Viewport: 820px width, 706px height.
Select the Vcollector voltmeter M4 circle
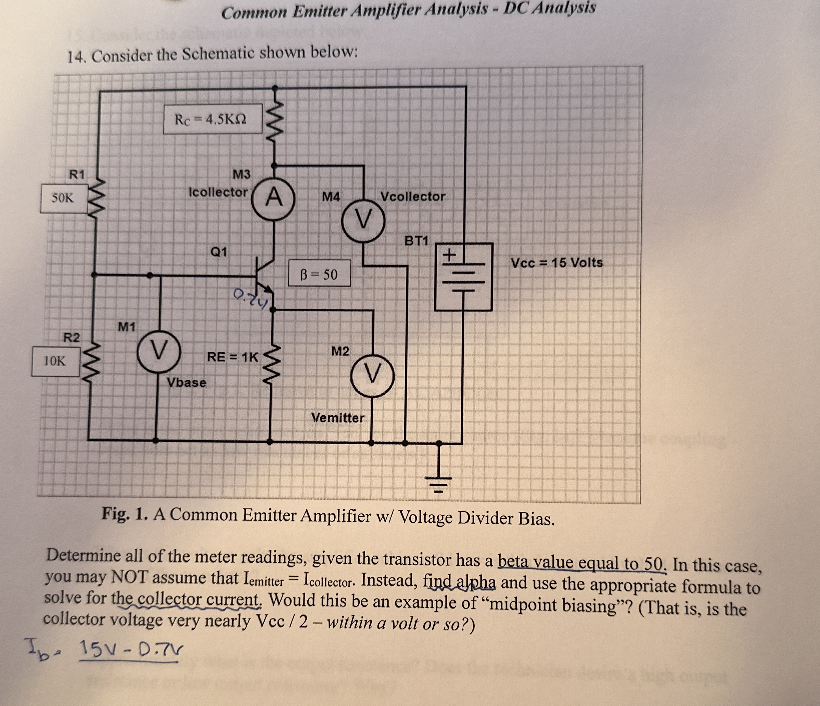coord(364,220)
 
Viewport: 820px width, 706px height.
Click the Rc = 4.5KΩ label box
coord(213,119)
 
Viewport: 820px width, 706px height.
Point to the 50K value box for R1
coord(64,198)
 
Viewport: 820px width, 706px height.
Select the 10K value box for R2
coord(55,361)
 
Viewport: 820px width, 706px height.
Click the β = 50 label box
coord(319,274)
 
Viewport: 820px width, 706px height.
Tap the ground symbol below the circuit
coord(438,483)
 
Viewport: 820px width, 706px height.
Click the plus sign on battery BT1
coord(449,255)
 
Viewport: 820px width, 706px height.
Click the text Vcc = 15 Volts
coord(556,263)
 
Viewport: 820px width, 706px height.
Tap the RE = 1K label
coord(232,357)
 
